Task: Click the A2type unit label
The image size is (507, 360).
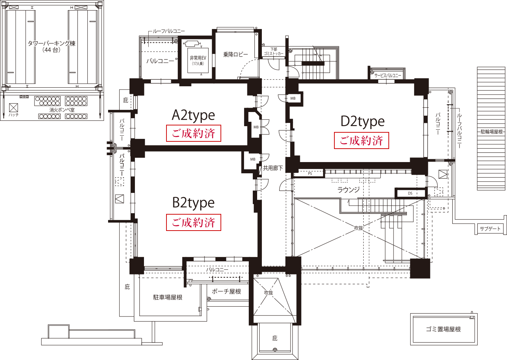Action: coord(193,115)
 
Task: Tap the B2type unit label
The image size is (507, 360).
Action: coord(193,203)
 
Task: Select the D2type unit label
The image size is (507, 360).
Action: coord(362,121)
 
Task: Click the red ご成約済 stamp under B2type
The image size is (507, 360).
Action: coord(194,222)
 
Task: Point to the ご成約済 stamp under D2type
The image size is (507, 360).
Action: coord(361,140)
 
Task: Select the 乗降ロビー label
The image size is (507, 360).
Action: coord(236,55)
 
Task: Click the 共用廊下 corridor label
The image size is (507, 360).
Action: coord(273,168)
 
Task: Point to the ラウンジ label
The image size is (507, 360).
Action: coord(349,190)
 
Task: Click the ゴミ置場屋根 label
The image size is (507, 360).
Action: coord(443,329)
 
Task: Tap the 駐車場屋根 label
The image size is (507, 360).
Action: coord(168,297)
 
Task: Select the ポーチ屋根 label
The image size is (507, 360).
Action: coord(226,291)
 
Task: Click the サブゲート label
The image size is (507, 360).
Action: coord(490,229)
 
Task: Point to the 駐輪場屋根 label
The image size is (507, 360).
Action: coord(491,132)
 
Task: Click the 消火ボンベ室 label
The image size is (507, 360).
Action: coord(62,109)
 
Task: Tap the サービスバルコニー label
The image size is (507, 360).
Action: coord(388,75)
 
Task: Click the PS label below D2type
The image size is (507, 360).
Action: coord(310,174)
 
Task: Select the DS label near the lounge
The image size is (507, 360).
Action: coord(410,193)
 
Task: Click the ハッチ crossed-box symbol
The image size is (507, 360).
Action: coord(14,107)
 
